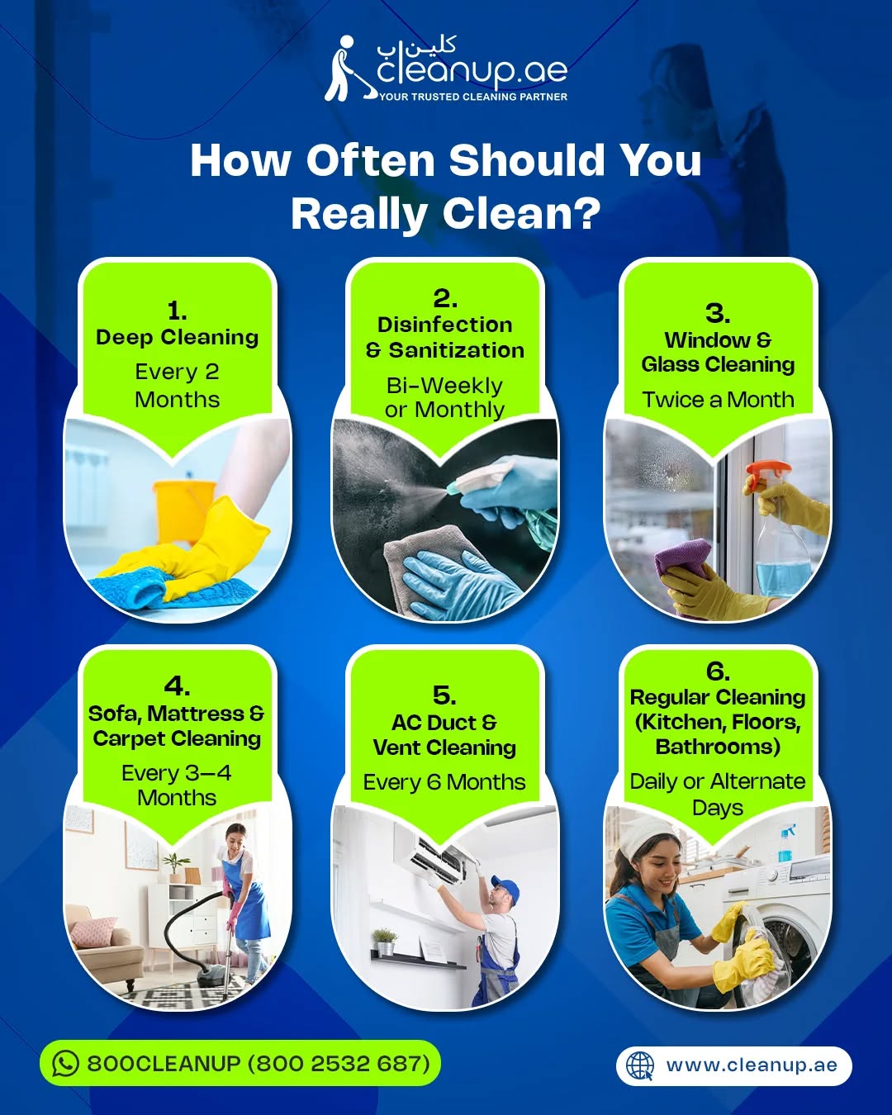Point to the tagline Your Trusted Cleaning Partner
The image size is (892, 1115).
tap(473, 97)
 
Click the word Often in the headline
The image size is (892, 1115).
tap(371, 160)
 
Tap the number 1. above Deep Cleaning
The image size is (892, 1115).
tap(178, 311)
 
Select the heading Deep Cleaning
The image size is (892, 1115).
tap(178, 337)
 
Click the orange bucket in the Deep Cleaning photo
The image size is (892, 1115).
tap(184, 510)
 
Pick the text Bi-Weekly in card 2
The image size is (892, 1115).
tap(444, 386)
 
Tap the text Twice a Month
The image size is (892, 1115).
tap(718, 400)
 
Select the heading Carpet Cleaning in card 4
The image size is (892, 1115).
tap(177, 739)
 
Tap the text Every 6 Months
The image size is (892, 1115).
tap(444, 782)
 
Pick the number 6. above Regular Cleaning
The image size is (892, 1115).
tap(718, 671)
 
